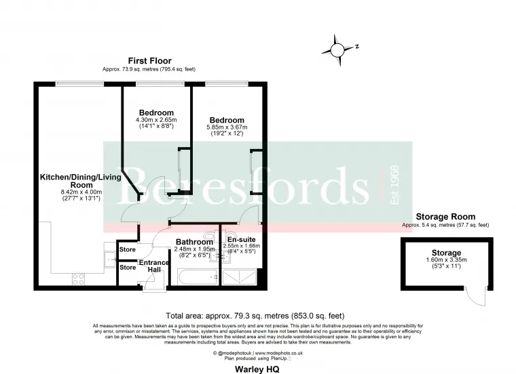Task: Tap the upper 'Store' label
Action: (x=127, y=250)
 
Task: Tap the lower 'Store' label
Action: (x=127, y=268)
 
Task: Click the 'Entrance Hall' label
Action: (x=154, y=266)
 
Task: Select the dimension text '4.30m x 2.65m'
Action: (x=156, y=121)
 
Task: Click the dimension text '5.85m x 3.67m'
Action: (x=227, y=128)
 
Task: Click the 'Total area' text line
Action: (x=255, y=316)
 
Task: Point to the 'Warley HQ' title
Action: (x=257, y=370)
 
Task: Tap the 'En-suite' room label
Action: (x=241, y=240)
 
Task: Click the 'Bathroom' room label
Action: (x=195, y=242)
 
